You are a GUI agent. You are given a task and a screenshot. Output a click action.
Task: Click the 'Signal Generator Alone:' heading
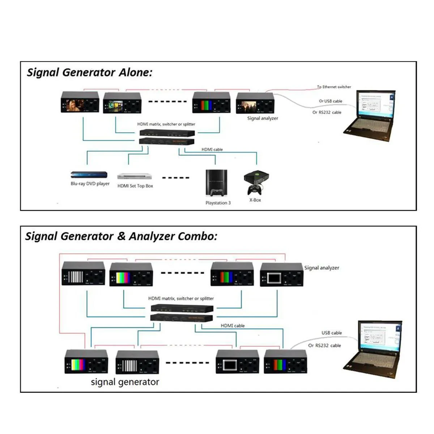[89, 72]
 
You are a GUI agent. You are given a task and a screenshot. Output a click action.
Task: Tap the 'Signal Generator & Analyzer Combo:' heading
[121, 237]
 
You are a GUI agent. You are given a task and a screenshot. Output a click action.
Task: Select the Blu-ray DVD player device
[89, 175]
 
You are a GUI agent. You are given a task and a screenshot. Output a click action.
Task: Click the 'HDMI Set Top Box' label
[135, 186]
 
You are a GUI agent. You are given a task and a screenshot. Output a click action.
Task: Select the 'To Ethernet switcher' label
[334, 87]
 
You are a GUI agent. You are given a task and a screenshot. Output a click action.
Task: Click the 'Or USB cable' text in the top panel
[330, 101]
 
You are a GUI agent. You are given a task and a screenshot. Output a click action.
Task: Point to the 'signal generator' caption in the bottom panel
[125, 382]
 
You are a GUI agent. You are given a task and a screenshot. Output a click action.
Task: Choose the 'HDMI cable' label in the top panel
[212, 149]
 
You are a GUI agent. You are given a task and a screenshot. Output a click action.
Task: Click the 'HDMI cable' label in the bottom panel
[233, 325]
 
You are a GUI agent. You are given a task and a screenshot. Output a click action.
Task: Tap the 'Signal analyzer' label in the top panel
[263, 118]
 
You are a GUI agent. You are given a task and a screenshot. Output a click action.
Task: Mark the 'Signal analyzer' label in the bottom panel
[322, 268]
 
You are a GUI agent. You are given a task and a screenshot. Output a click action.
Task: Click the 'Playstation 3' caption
[218, 203]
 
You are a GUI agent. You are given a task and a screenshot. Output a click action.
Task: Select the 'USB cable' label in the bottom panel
[331, 333]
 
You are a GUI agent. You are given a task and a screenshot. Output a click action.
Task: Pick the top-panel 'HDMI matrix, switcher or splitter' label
[166, 124]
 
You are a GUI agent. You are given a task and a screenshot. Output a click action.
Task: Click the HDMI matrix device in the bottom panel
[182, 313]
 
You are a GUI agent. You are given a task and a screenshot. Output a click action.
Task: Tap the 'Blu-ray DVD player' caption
[90, 184]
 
